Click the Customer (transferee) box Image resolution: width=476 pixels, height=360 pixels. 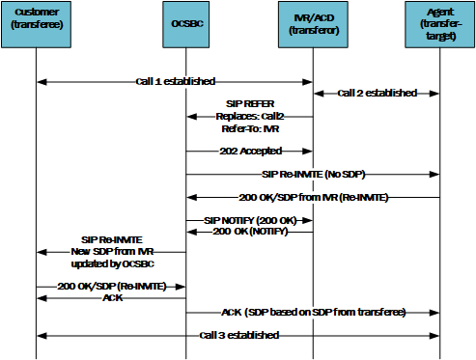click(36, 23)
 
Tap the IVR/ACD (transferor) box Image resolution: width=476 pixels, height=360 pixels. click(313, 23)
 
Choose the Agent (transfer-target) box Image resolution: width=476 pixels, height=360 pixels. click(440, 23)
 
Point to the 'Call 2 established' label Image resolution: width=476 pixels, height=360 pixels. click(377, 94)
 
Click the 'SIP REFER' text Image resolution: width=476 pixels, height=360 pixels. click(250, 104)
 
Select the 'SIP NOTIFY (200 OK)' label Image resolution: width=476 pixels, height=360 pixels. click(249, 221)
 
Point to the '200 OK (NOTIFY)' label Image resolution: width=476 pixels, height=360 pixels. click(249, 232)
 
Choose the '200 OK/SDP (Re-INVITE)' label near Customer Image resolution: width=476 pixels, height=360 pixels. click(111, 287)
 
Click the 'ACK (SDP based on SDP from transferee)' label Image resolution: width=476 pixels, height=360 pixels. click(313, 314)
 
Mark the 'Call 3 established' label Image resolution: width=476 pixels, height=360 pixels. click(239, 336)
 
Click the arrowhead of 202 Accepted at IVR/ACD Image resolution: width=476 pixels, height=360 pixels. click(309, 151)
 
